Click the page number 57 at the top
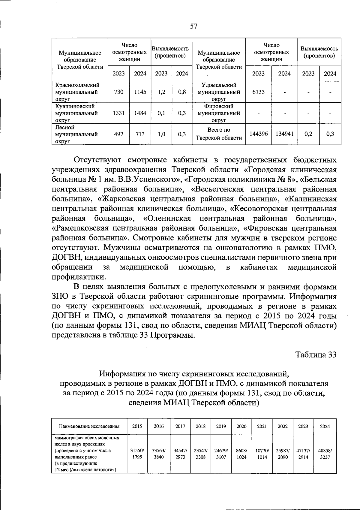pos(194,26)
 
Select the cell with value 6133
pos(258,92)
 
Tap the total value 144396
pos(259,134)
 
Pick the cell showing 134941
pos(284,134)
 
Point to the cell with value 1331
pos(119,113)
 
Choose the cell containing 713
pos(140,134)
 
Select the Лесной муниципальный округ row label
pos(76,134)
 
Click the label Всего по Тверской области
pos(219,134)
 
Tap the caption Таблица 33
pos(316,355)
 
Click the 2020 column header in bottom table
pos(241,426)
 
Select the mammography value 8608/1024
pos(241,454)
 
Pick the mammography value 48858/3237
pos(325,454)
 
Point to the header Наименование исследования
pos(89,426)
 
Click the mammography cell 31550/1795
pos(137,454)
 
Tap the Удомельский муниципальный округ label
pos(219,92)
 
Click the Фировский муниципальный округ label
pos(219,113)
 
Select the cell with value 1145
pos(140,92)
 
